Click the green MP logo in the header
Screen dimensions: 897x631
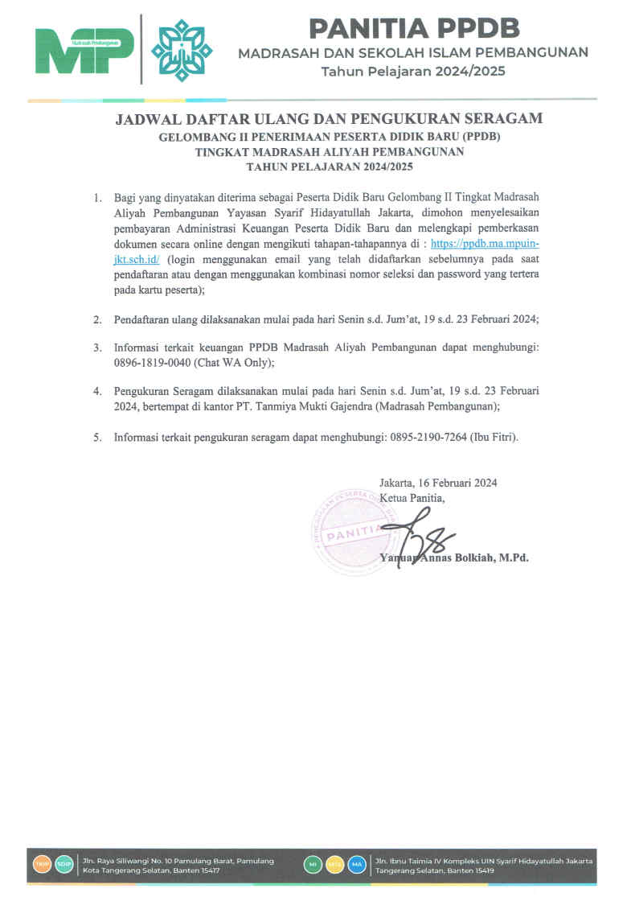(84, 50)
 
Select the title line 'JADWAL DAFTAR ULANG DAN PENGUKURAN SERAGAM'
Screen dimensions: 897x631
(329, 119)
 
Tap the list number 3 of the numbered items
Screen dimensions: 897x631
(96, 348)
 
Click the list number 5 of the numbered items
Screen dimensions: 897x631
(96, 438)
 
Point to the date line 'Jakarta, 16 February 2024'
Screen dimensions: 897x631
(438, 483)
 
